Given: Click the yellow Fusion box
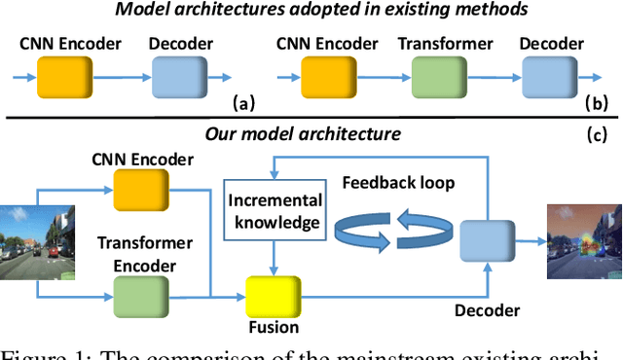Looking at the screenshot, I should click(x=273, y=296).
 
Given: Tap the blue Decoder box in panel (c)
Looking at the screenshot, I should click(x=484, y=238).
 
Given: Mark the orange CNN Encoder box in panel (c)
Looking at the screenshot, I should click(x=139, y=187).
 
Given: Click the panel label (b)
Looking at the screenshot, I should click(x=599, y=102).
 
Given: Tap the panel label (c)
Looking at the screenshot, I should click(x=599, y=135).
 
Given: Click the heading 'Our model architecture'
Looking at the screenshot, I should click(x=310, y=132).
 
